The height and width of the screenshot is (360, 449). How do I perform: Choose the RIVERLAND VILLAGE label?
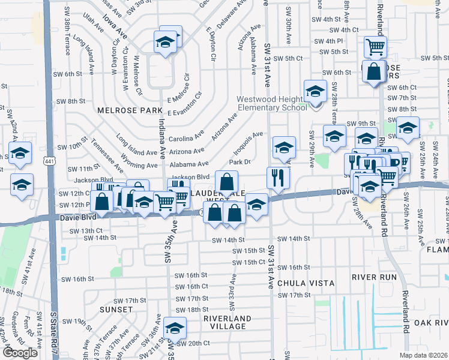[x=224, y=322]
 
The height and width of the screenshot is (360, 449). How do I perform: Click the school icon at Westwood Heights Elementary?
[x=315, y=91]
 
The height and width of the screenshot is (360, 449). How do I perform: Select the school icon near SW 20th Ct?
[x=175, y=328]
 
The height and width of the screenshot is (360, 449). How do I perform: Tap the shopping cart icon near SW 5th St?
[x=375, y=46]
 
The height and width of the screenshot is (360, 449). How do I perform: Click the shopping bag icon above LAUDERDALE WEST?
[x=226, y=181]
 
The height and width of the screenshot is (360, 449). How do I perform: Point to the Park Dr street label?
[x=239, y=162]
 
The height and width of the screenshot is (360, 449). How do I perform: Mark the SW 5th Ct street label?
[x=288, y=58]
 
